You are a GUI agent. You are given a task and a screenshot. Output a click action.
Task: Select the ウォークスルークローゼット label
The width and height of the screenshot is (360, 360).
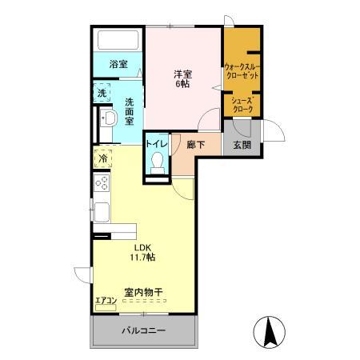coord(241,70)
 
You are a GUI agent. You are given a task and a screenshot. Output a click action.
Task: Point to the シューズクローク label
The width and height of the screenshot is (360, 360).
coord(242,104)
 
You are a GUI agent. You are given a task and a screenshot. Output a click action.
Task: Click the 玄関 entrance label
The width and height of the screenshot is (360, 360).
coord(242,145)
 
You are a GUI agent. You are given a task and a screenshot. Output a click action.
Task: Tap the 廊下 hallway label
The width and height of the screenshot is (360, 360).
coord(195,145)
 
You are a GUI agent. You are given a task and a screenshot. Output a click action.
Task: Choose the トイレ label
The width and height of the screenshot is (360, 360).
coord(156,144)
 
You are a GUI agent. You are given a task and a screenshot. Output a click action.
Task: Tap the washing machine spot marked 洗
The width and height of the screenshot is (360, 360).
coord(102,93)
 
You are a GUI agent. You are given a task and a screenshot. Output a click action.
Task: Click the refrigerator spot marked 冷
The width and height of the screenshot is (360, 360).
coord(103,158)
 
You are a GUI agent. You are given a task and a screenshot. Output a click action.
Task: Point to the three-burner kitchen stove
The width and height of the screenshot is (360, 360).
coord(102,184)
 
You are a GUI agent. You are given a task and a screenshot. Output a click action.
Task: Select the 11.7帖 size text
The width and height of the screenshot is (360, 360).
coord(143,258)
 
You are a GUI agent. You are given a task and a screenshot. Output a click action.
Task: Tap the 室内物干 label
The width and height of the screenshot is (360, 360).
coord(143,293)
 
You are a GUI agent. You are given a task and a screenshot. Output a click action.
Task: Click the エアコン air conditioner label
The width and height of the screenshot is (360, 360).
coord(106,301)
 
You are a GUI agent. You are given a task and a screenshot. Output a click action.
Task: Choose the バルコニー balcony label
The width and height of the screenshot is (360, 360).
coord(144,330)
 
